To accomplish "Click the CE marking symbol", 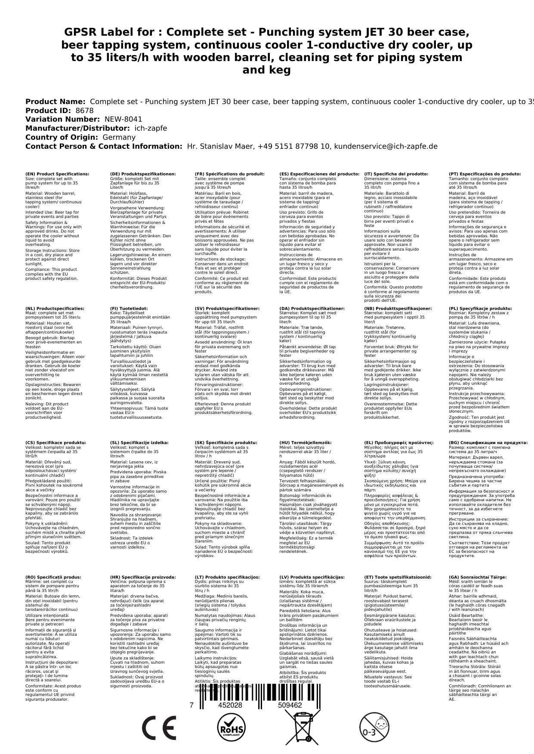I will [159, 728].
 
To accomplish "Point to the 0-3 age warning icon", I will [373, 728].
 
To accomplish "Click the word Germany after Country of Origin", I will [119, 137].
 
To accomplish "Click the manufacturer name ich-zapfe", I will [150, 128].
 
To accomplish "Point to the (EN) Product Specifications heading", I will [57, 174].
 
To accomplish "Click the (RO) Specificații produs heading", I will [53, 577].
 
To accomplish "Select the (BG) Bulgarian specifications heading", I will [482, 442].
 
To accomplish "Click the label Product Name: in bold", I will [56, 101].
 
